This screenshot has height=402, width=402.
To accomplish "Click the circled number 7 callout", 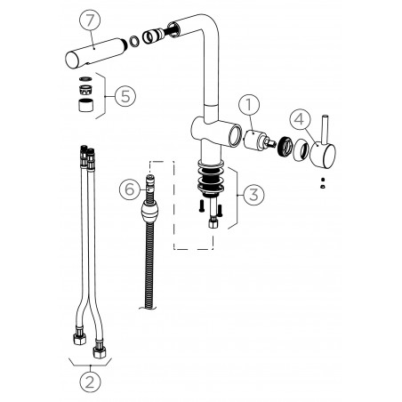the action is click(x=90, y=20).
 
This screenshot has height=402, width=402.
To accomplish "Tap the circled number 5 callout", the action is click(x=125, y=96).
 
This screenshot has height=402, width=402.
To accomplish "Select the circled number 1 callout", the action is click(x=249, y=105).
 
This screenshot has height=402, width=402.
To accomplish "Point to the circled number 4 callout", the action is click(x=300, y=120).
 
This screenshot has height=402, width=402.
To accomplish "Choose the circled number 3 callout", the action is click(x=253, y=195).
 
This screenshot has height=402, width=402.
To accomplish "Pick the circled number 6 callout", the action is click(x=130, y=189).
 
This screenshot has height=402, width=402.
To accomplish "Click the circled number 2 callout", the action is click(x=90, y=382).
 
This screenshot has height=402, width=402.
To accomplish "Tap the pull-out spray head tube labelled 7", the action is click(x=95, y=53).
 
